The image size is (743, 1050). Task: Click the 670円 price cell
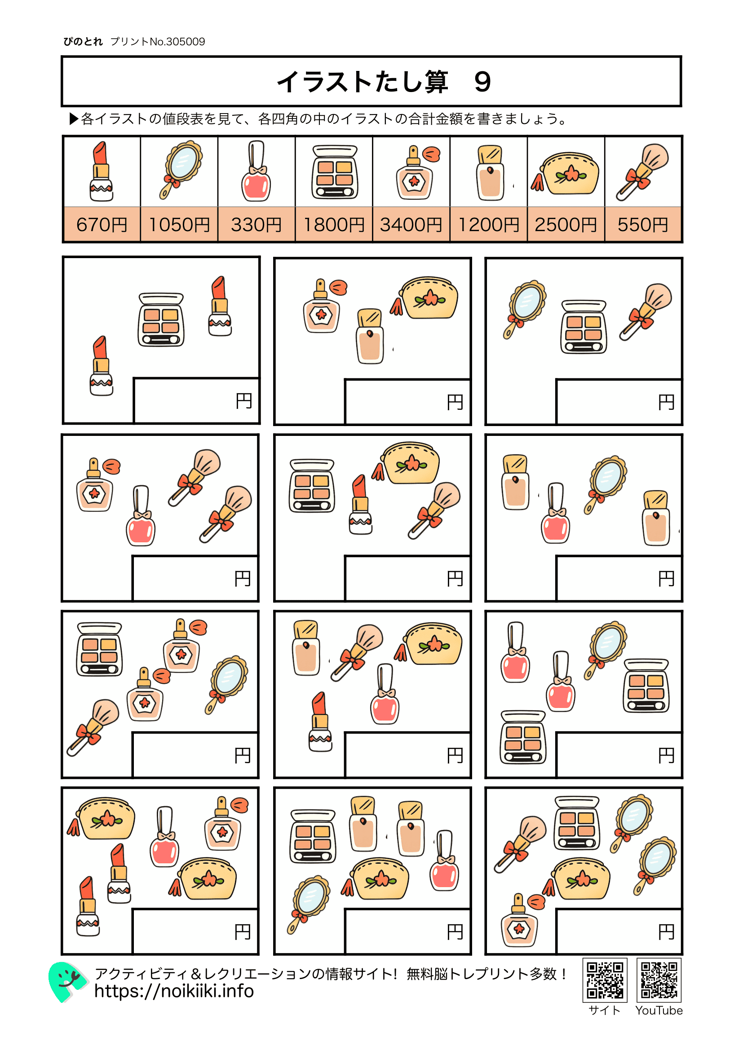coord(102,224)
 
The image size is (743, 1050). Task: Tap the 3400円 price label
coord(411,224)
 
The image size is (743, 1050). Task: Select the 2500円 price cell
coord(566,224)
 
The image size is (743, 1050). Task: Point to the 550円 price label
coord(643,224)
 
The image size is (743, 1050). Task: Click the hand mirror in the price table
coord(181,169)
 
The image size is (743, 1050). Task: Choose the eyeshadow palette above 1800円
coord(335,172)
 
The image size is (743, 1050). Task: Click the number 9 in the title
coord(482,83)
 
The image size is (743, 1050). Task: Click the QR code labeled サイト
coord(604,980)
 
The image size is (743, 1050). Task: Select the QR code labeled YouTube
coord(659,980)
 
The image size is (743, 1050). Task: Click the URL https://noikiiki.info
coord(174,992)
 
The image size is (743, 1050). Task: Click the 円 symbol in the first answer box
coord(244,401)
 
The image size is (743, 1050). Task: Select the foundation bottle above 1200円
coord(490,173)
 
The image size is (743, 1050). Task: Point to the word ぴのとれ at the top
coord(83,42)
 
